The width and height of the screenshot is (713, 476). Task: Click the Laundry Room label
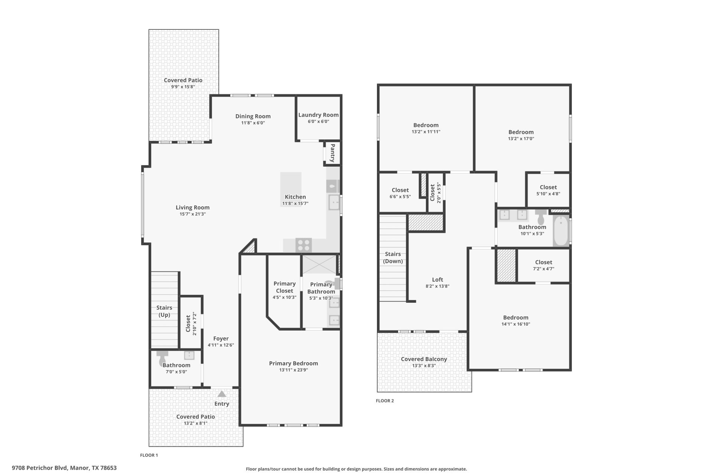(318, 115)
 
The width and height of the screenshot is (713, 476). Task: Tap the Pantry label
(332, 153)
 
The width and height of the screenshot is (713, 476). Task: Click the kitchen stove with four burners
(303, 245)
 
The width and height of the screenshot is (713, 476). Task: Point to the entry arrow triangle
(221, 394)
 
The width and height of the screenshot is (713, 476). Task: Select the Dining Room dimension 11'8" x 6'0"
(253, 123)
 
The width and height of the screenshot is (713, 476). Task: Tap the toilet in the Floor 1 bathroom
(162, 358)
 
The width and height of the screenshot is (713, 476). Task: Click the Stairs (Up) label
(164, 311)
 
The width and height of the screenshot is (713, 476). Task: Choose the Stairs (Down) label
(393, 257)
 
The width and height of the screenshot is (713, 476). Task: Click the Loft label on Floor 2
(437, 280)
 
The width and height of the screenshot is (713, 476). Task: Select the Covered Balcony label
(424, 359)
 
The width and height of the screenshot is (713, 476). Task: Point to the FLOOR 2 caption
(385, 401)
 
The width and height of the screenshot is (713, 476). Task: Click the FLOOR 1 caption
(149, 455)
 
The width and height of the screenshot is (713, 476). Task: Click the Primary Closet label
(284, 287)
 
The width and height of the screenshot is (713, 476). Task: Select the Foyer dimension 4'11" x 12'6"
(221, 345)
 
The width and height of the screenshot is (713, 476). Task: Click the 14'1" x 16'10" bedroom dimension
(515, 324)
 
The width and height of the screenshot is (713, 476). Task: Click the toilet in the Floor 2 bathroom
(541, 217)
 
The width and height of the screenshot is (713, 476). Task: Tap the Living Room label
(192, 208)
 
